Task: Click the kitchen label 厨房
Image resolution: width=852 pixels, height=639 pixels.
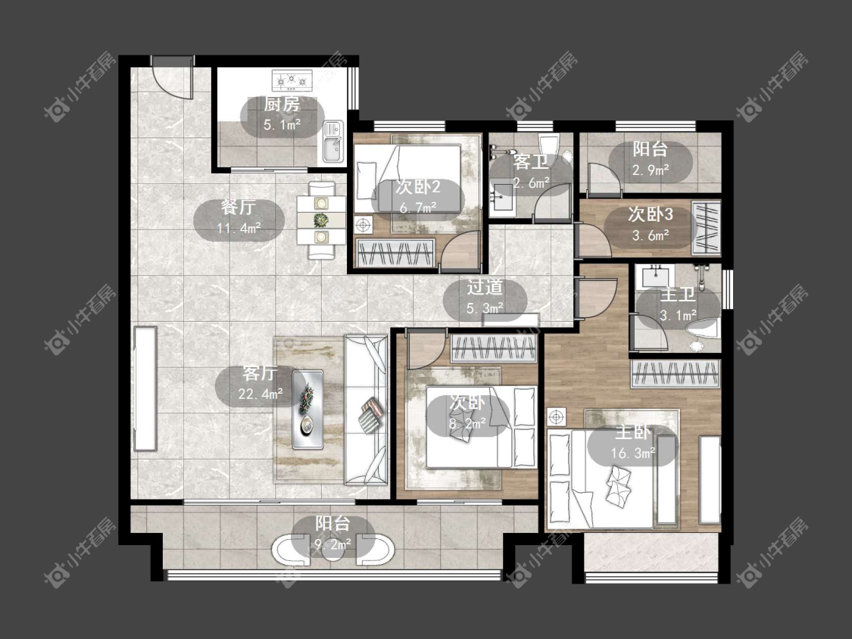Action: pyautogui.click(x=282, y=104)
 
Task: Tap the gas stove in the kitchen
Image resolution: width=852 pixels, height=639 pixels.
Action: pyautogui.click(x=292, y=81)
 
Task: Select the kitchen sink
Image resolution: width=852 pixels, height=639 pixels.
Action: pyautogui.click(x=333, y=142)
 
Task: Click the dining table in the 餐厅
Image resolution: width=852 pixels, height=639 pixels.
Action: pyautogui.click(x=321, y=220)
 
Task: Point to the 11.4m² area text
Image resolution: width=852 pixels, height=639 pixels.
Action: pyautogui.click(x=239, y=228)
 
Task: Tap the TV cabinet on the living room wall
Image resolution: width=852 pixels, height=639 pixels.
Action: pyautogui.click(x=145, y=388)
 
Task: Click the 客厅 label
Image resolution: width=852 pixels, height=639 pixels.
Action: pyautogui.click(x=260, y=374)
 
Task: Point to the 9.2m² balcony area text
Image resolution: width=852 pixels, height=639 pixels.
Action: pyautogui.click(x=333, y=543)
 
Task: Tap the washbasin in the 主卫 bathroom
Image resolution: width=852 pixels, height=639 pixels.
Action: pyautogui.click(x=657, y=276)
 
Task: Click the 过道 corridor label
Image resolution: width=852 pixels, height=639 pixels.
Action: pyautogui.click(x=485, y=287)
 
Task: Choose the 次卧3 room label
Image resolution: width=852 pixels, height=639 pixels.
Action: pyautogui.click(x=651, y=214)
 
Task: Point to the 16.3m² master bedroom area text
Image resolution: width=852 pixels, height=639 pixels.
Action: pyautogui.click(x=633, y=453)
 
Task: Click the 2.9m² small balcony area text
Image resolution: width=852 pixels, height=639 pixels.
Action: pyautogui.click(x=651, y=170)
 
